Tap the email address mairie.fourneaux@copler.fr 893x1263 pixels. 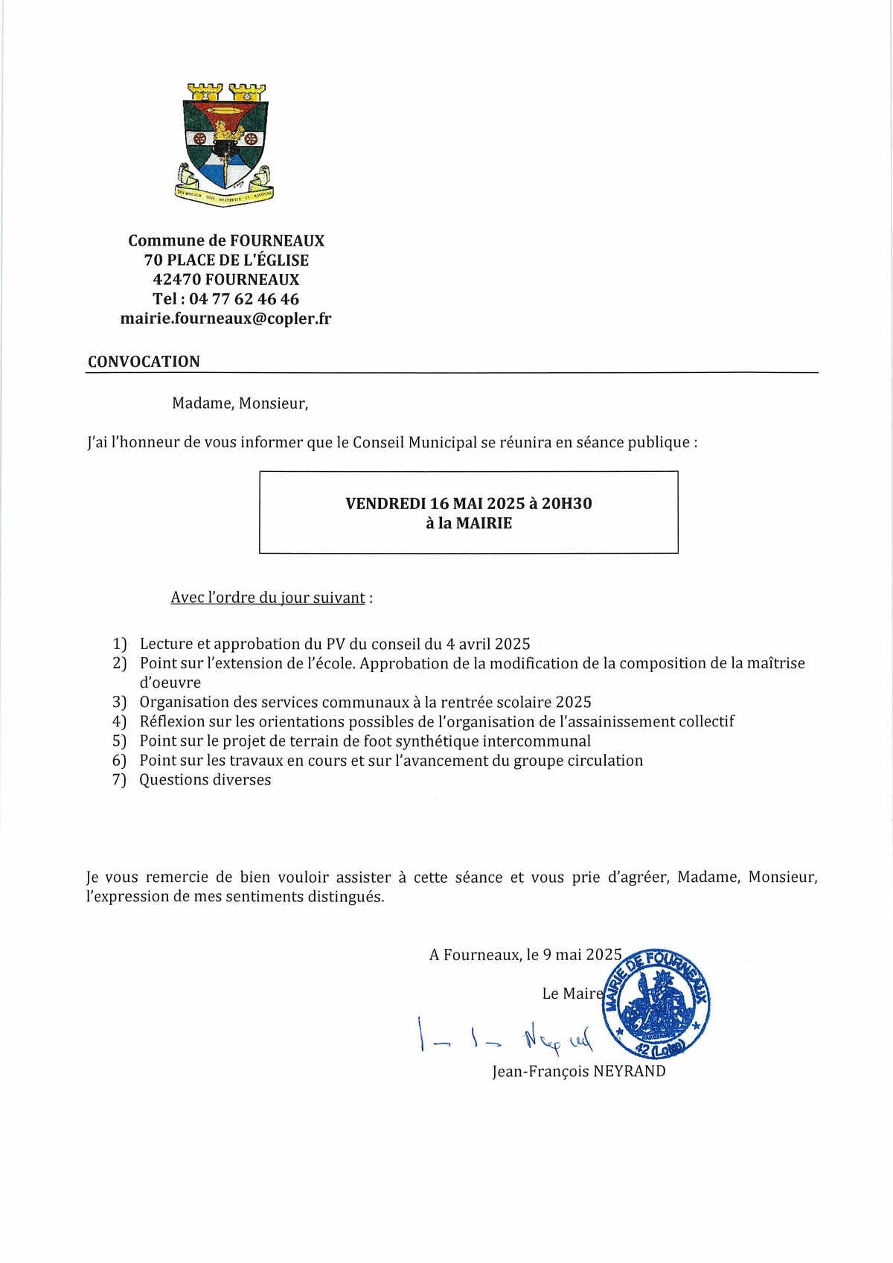[225, 319]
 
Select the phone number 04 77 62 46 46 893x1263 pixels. [244, 299]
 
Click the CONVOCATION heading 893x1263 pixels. [144, 362]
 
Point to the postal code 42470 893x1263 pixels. [176, 280]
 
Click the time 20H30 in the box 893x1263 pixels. [566, 504]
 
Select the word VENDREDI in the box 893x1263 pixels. [385, 504]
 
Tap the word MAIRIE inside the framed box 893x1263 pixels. [484, 523]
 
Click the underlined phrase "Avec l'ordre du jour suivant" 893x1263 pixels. [268, 598]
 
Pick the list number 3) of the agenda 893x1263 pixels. [120, 703]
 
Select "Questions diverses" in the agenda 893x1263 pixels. [205, 780]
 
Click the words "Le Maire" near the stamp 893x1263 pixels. [572, 994]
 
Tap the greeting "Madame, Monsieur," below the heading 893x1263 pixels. [240, 403]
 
